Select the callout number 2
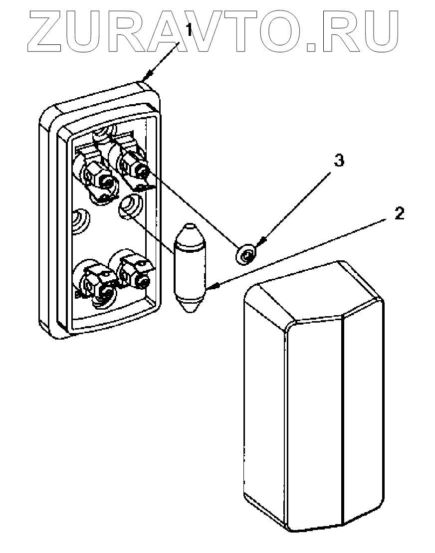pyautogui.click(x=399, y=213)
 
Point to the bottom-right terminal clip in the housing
pyautogui.click(x=135, y=272)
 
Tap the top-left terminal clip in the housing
pyautogui.click(x=97, y=175)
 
